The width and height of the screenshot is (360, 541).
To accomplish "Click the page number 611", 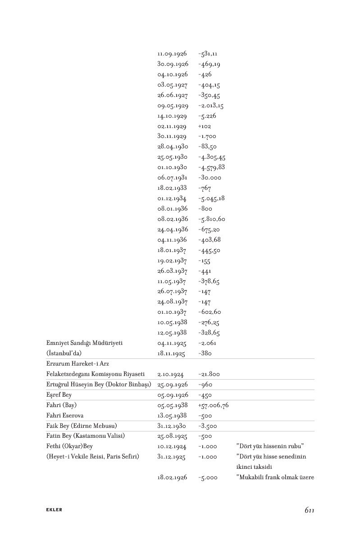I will pyautogui.click(x=309, y=510).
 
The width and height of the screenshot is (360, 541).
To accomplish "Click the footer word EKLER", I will pyautogui.click(x=54, y=510).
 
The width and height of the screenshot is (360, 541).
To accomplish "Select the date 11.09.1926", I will pyautogui.click(x=172, y=54).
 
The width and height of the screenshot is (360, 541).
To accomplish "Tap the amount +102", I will pyautogui.click(x=205, y=126).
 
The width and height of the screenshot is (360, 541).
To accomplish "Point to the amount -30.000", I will pyautogui.click(x=210, y=178).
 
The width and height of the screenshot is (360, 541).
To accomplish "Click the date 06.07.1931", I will pyautogui.click(x=172, y=178).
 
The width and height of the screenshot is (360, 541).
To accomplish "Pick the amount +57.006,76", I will pyautogui.click(x=213, y=405).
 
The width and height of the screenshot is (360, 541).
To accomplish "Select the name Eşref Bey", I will pyautogui.click(x=59, y=395).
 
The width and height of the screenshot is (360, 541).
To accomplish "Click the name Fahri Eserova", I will pyautogui.click(x=65, y=416).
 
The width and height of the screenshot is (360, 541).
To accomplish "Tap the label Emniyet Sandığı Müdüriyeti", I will pyautogui.click(x=85, y=343).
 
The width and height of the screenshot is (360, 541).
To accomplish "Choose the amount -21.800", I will pyautogui.click(x=209, y=374).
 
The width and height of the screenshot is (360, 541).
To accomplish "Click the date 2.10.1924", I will pyautogui.click(x=170, y=374).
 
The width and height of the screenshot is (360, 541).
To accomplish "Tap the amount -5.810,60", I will pyautogui.click(x=211, y=219).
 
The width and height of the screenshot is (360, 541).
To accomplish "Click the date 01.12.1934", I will pyautogui.click(x=172, y=198).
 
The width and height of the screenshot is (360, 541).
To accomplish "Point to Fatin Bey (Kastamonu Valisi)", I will pyautogui.click(x=85, y=436).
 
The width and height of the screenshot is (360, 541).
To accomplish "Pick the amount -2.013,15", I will pyautogui.click(x=211, y=105).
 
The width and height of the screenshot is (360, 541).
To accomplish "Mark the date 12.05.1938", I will pyautogui.click(x=172, y=333).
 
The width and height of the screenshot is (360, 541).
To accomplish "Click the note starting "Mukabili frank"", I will pyautogui.click(x=275, y=477).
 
